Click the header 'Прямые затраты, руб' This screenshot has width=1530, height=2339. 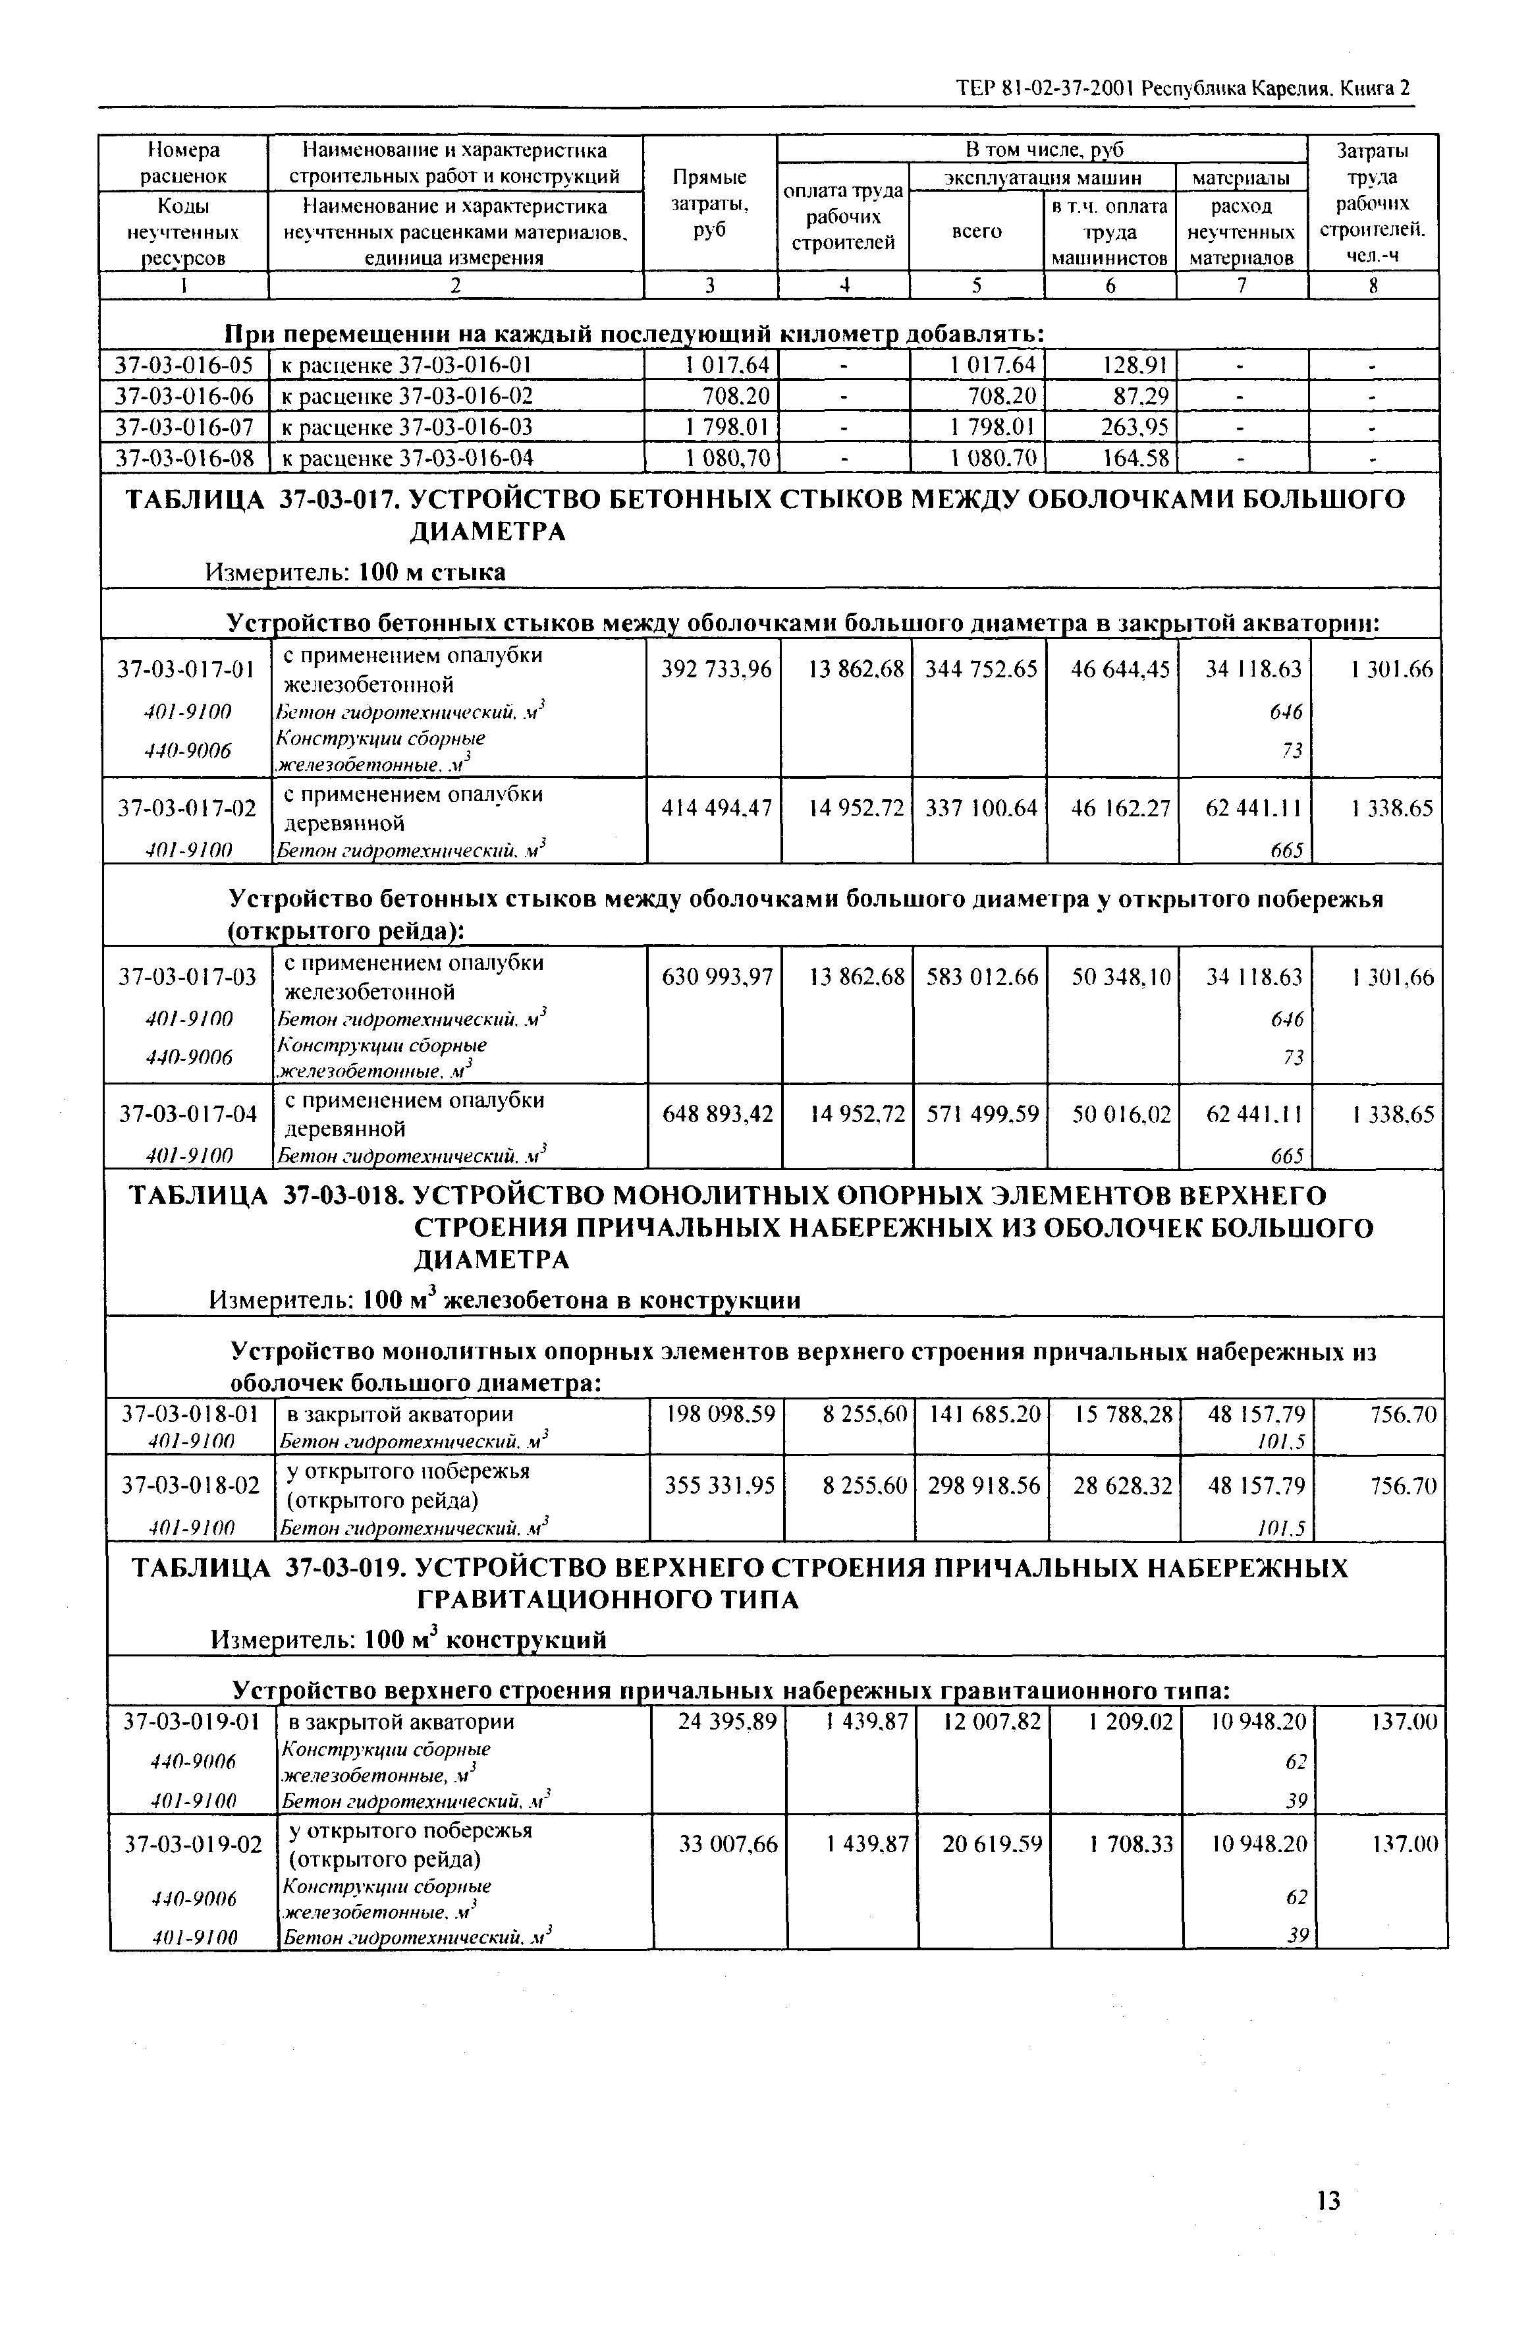(709, 204)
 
